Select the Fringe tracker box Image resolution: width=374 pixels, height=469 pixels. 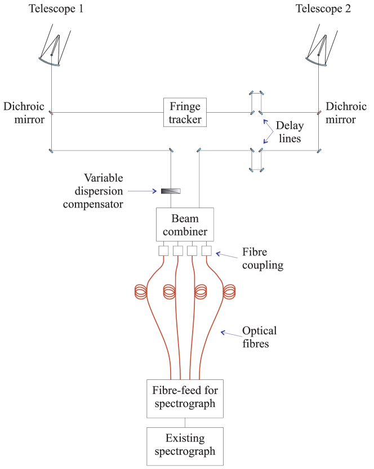pos(185,113)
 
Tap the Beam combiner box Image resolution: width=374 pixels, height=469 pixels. pos(185,224)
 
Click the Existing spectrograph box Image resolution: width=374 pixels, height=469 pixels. pos(185,445)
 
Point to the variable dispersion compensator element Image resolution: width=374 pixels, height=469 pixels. pos(171,191)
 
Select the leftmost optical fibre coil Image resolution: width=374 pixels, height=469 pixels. pos(141,292)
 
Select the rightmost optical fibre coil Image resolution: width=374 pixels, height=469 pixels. pos(229,292)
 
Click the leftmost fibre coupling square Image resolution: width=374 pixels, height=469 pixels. pos(164,250)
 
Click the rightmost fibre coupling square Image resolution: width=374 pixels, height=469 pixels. pos(206,250)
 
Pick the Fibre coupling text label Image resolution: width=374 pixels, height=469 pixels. pos(262,258)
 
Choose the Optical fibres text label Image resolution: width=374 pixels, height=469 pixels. pos(259,337)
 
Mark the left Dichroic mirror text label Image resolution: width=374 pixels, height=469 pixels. pos(24,113)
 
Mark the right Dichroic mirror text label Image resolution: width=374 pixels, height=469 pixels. pos(346,113)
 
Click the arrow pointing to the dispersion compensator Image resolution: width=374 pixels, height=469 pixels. pos(144,191)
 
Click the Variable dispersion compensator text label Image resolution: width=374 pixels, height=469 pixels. pos(93,191)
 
